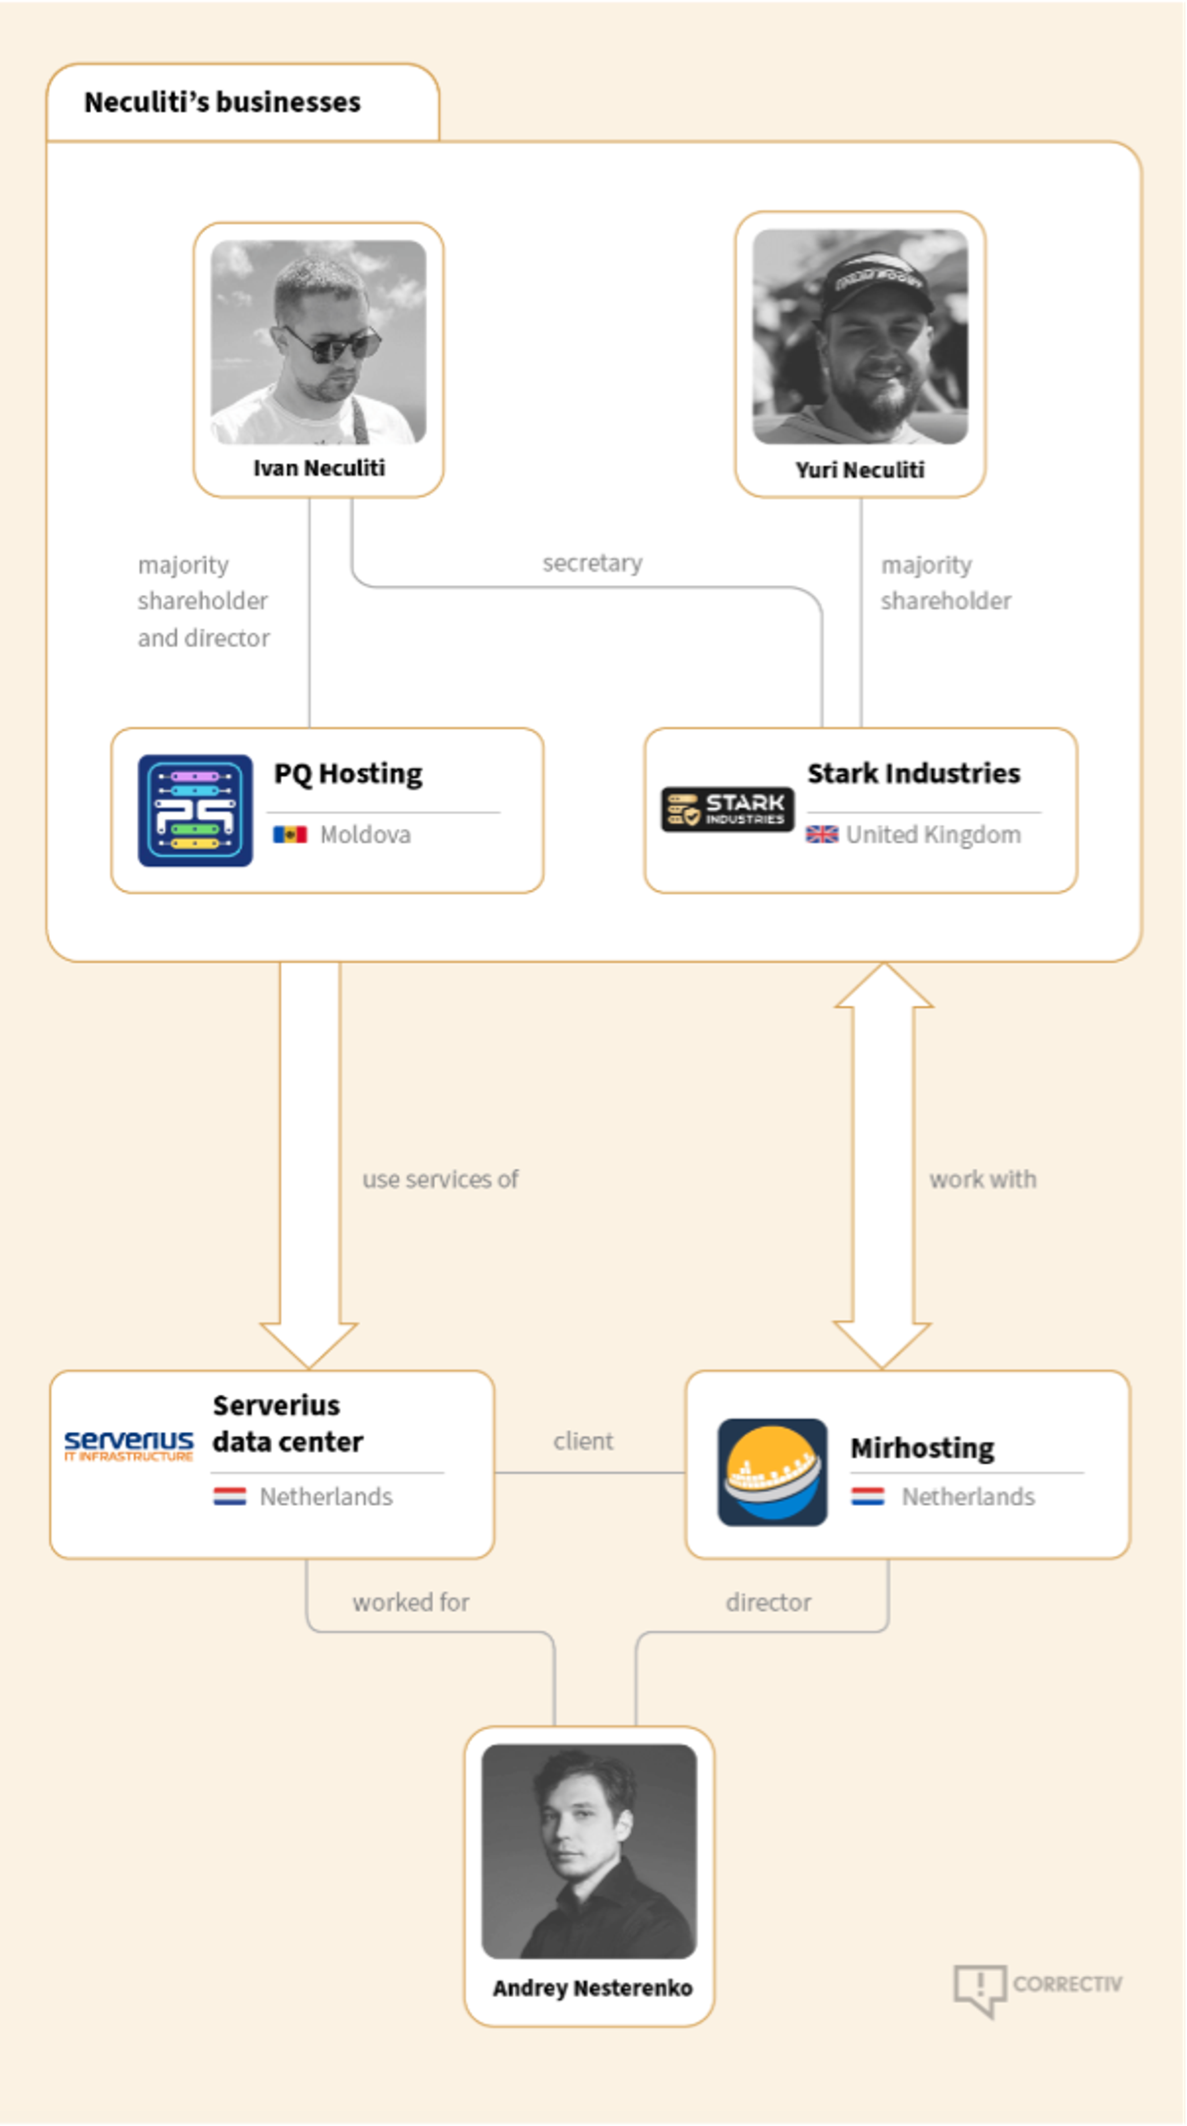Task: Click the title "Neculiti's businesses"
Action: pyautogui.click(x=222, y=102)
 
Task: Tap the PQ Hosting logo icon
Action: pyautogui.click(x=195, y=810)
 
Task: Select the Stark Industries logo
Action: pyautogui.click(x=727, y=809)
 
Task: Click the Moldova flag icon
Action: pyautogui.click(x=290, y=834)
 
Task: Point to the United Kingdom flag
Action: pyautogui.click(x=821, y=834)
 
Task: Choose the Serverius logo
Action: pyautogui.click(x=129, y=1445)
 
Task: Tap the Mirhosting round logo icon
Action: pyautogui.click(x=772, y=1471)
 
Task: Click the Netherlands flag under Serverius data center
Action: pyautogui.click(x=229, y=1496)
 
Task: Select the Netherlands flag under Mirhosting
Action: pyautogui.click(x=868, y=1496)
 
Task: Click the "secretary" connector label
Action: pyautogui.click(x=592, y=563)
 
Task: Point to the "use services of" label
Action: pyautogui.click(x=440, y=1179)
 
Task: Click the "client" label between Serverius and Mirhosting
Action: pyautogui.click(x=583, y=1441)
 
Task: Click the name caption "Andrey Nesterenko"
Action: pyautogui.click(x=592, y=1988)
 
